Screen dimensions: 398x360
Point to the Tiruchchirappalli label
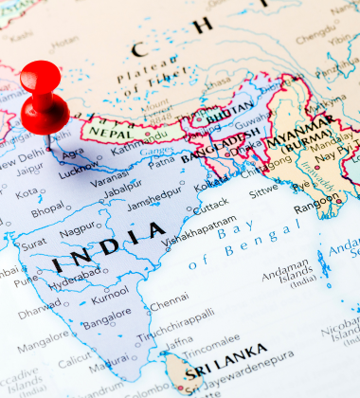tap(176, 338)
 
